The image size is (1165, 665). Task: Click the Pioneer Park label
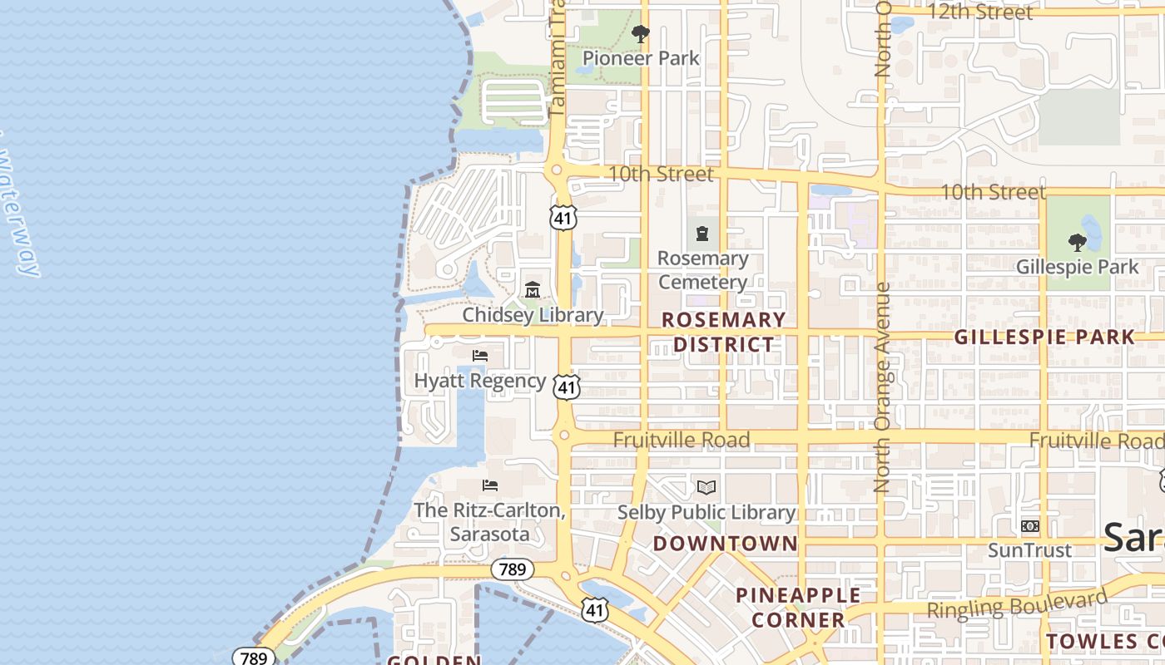pos(641,58)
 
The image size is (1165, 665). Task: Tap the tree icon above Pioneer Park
pos(641,34)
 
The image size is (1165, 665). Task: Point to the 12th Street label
pos(980,12)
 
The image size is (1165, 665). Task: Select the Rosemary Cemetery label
pos(703,270)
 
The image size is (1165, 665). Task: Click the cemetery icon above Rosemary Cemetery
pos(703,233)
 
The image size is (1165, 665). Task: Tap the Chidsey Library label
pos(533,315)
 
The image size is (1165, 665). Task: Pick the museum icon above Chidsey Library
pos(533,290)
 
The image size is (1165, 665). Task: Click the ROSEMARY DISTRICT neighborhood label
pos(724,332)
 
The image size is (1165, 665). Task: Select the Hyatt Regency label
pos(480,381)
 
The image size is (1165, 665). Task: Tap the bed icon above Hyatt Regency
pos(480,356)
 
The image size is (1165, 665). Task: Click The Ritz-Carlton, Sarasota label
pos(489,522)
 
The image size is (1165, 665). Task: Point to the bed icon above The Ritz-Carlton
pos(490,485)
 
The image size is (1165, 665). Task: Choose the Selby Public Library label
pos(706,513)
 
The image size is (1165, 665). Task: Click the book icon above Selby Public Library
pos(706,487)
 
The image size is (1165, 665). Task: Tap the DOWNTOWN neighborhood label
pos(726,544)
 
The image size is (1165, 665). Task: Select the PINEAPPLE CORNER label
pos(798,608)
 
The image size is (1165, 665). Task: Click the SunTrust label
pos(1030,550)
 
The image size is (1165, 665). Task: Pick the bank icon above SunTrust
pos(1030,526)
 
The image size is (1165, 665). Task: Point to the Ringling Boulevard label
pos(1018,603)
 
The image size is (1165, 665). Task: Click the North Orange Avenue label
pos(883,387)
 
